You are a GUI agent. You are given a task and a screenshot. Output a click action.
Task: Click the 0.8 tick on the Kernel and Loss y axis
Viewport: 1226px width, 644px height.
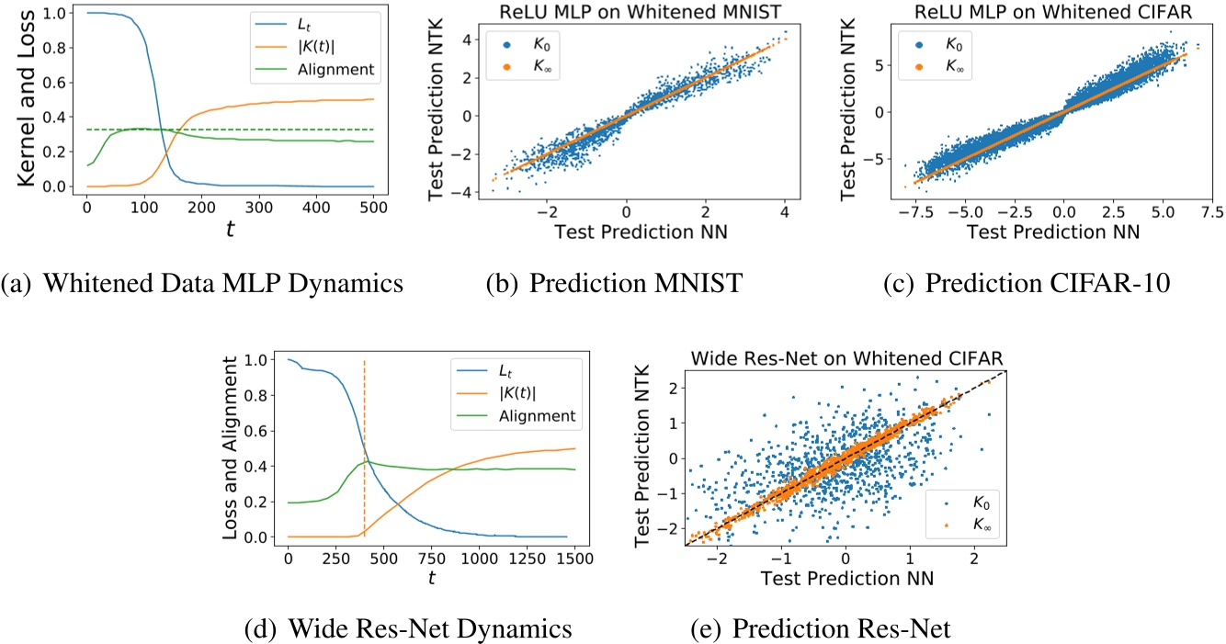pyautogui.click(x=58, y=50)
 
